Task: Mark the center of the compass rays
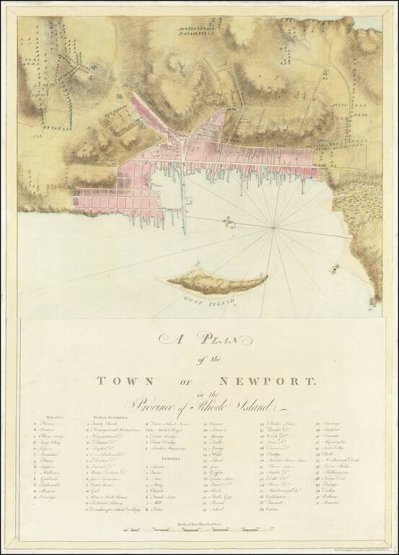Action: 274,229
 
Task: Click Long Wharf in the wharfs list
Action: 52,449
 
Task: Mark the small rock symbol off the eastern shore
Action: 334,270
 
